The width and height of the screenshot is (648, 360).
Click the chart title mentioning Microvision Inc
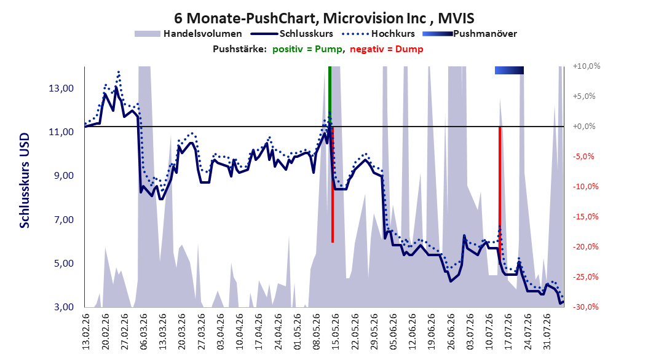(x=324, y=18)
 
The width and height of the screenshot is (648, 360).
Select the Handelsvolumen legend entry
(x=188, y=34)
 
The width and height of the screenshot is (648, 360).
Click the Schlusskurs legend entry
(x=292, y=34)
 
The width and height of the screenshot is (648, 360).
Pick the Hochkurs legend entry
(x=377, y=34)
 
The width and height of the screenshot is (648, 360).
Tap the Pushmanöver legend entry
(x=470, y=34)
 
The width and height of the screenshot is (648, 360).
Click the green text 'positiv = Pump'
(x=307, y=49)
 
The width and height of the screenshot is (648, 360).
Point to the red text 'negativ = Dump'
(x=387, y=49)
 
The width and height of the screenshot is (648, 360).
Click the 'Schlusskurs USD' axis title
(x=25, y=181)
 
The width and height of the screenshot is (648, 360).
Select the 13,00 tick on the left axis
(x=61, y=88)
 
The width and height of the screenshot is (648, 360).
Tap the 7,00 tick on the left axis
(x=61, y=220)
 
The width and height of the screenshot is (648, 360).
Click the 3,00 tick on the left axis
(x=61, y=307)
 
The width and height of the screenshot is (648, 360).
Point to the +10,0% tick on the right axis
(x=587, y=66)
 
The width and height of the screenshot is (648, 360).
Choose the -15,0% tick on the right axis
(x=585, y=217)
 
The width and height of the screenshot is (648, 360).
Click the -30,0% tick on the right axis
(x=585, y=307)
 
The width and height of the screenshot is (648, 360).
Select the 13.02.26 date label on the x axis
(x=86, y=332)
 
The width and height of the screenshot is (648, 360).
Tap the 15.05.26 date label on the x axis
(x=336, y=332)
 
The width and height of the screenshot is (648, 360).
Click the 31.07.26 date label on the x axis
(x=547, y=332)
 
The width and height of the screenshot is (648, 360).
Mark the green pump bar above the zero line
(x=330, y=96)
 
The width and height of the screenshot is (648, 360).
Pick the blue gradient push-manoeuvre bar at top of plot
(x=509, y=70)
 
